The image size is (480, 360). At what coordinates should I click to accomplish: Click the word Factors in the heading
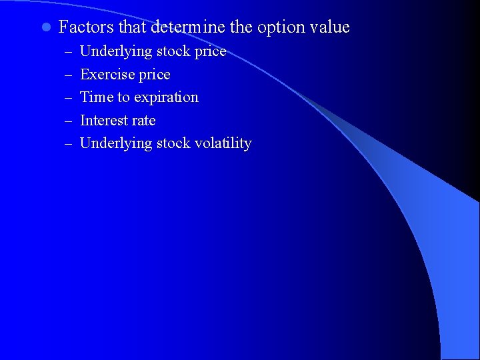click(86, 27)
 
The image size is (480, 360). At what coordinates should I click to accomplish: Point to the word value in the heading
click(329, 27)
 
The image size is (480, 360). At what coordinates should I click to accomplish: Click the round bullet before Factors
click(45, 28)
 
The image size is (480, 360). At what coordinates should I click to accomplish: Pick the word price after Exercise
click(154, 75)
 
